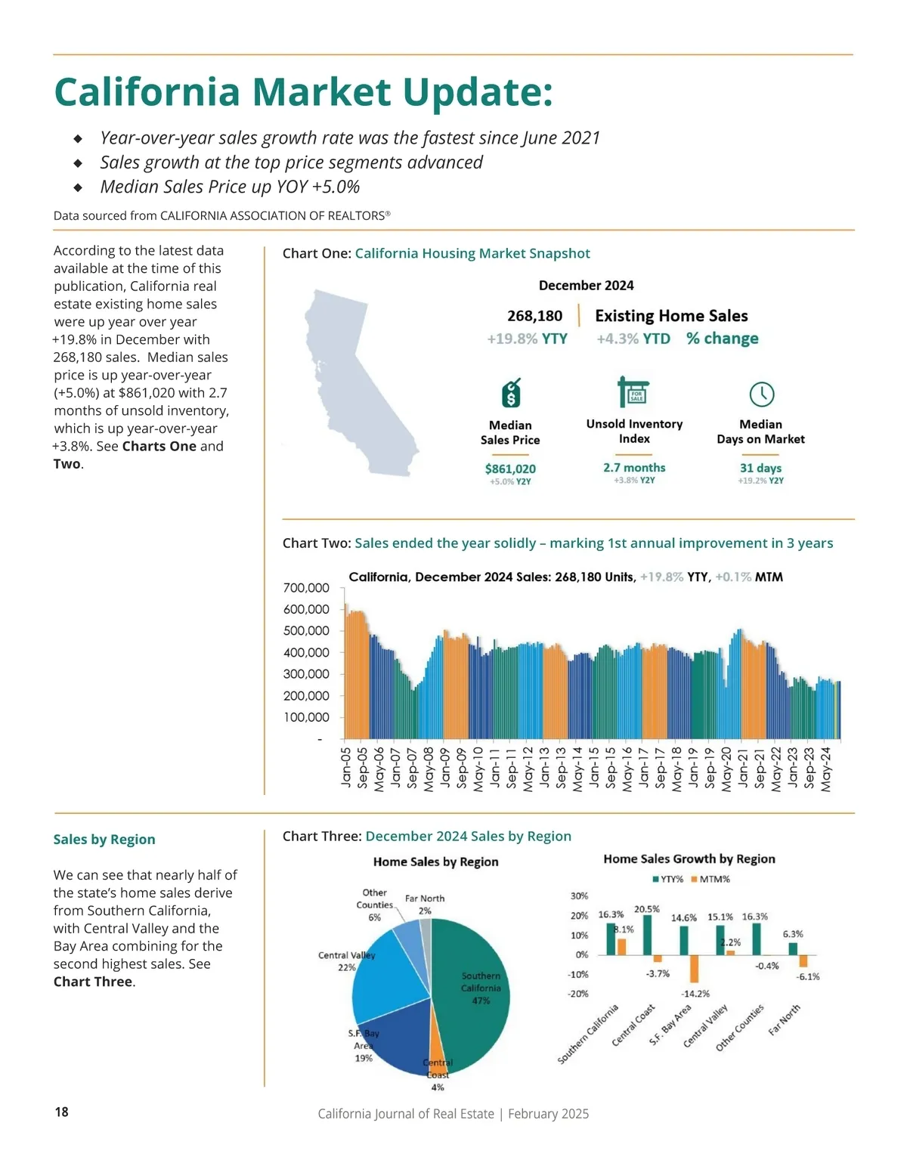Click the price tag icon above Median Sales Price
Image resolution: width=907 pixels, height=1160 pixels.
click(x=511, y=393)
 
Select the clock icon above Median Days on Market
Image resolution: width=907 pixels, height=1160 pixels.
click(x=761, y=394)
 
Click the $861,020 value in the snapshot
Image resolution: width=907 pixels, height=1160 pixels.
click(x=510, y=469)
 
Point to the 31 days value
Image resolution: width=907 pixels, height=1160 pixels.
click(x=760, y=468)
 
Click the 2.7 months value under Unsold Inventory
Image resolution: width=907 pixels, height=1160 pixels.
click(x=634, y=468)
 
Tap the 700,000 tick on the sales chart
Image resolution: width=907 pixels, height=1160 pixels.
click(x=306, y=588)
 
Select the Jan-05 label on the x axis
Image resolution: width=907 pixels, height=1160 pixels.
click(x=347, y=768)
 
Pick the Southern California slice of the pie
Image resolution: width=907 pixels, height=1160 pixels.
click(x=472, y=990)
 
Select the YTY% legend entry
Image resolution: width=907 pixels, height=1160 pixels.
click(x=668, y=879)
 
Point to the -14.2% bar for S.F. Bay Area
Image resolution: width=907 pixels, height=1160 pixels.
click(x=695, y=969)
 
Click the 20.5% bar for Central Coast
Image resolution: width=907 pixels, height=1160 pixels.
click(x=647, y=935)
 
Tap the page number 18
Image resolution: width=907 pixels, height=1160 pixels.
click(x=61, y=1112)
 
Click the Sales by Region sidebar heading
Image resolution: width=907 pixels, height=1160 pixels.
click(x=104, y=840)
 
